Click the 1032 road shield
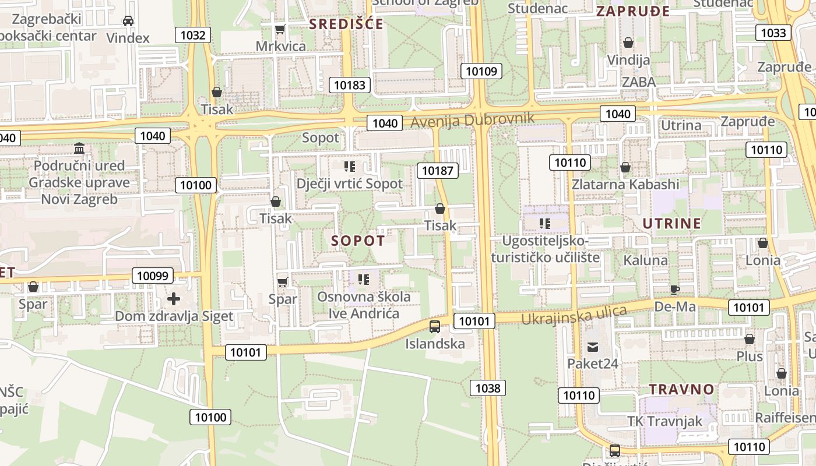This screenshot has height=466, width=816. coord(193,35)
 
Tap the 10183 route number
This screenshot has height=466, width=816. coord(350,85)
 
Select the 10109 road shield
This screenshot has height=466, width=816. coord(481,72)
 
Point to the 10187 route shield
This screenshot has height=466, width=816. coord(437,171)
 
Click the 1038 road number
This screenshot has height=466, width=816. coord(488,388)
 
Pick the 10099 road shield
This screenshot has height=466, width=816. coord(153,276)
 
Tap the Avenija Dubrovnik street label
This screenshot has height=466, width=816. coord(472,120)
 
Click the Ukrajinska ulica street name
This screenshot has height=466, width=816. coord(574,315)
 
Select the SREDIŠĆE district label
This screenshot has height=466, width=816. coord(346,24)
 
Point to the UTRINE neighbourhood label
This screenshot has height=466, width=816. coord(672,223)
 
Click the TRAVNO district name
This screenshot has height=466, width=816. coord(681,389)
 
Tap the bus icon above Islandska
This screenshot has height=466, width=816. coord(435,327)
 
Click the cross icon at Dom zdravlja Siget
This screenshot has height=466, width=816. coord(174,299)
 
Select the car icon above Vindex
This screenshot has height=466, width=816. coord(128,21)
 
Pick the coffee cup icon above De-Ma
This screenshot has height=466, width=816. coord(675,290)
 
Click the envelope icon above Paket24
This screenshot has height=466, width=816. coord(593,347)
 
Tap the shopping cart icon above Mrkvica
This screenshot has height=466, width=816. coord(280,29)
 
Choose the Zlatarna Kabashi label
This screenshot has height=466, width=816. coord(625,185)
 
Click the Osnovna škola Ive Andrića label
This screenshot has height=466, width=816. coord(364,305)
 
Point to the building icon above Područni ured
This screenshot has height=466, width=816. coord(79,149)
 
